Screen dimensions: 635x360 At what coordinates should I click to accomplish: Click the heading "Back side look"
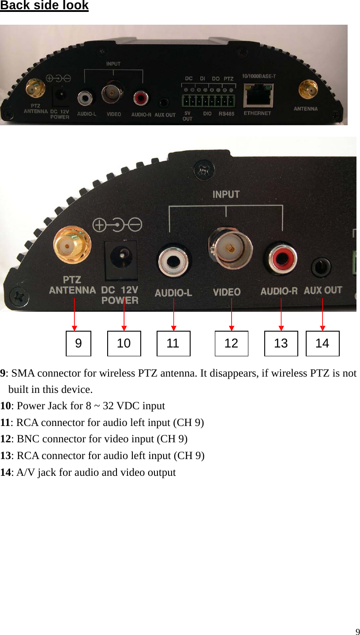(x=44, y=6)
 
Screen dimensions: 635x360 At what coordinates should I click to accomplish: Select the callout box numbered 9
(x=79, y=344)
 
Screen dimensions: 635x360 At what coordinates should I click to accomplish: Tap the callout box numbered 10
(x=124, y=344)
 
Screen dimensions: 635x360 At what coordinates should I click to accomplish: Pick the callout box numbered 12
(x=231, y=344)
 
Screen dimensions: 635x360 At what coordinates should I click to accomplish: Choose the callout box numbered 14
(x=322, y=344)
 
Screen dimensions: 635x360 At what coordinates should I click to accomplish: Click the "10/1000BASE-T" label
(x=259, y=76)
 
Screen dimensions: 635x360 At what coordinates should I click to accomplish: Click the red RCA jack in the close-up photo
(x=281, y=260)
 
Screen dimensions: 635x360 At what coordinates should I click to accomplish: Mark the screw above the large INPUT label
(x=205, y=170)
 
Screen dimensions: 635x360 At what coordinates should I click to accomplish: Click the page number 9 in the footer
(x=357, y=631)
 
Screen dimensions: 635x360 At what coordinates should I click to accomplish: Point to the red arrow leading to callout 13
(x=281, y=314)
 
